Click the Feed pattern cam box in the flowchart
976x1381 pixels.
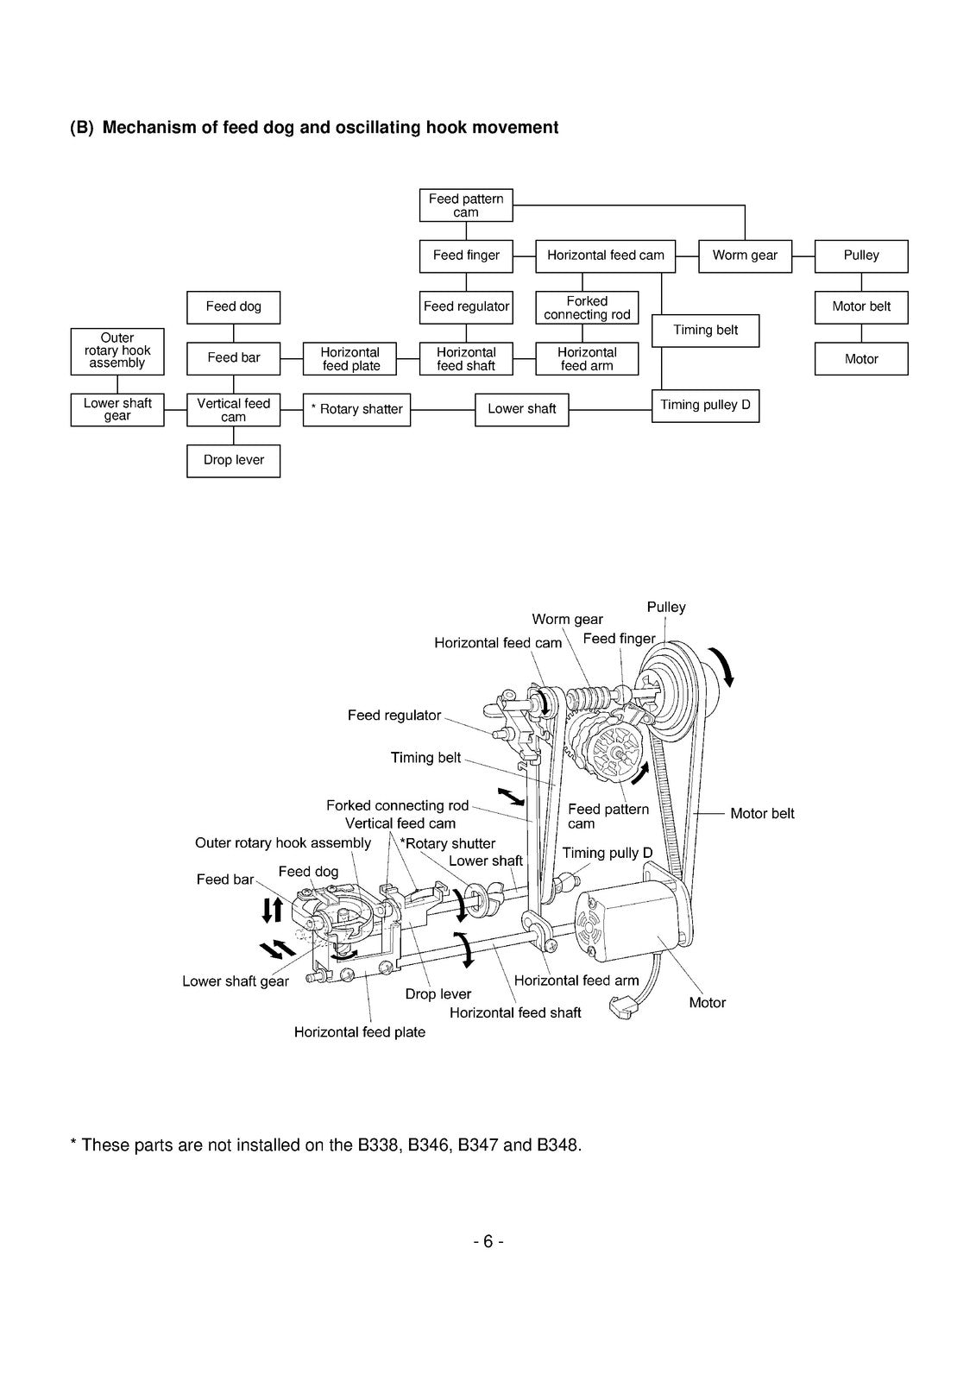465,205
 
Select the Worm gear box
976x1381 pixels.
745,255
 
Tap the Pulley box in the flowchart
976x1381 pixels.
860,255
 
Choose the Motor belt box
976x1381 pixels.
860,307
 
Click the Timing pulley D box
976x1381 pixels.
705,406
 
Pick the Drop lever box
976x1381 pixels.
233,461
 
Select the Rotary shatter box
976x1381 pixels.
356,409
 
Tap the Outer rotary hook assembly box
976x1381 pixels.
117,351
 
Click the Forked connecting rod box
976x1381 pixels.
586,307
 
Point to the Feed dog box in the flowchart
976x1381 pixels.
233,307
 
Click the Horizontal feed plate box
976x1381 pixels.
349,359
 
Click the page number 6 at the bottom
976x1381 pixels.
488,1241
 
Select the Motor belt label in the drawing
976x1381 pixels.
762,813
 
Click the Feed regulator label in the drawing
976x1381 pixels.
394,716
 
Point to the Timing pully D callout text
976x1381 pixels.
607,853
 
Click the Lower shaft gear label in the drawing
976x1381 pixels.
236,981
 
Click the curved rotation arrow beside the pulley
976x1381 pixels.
721,666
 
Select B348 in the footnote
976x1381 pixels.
557,1145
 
